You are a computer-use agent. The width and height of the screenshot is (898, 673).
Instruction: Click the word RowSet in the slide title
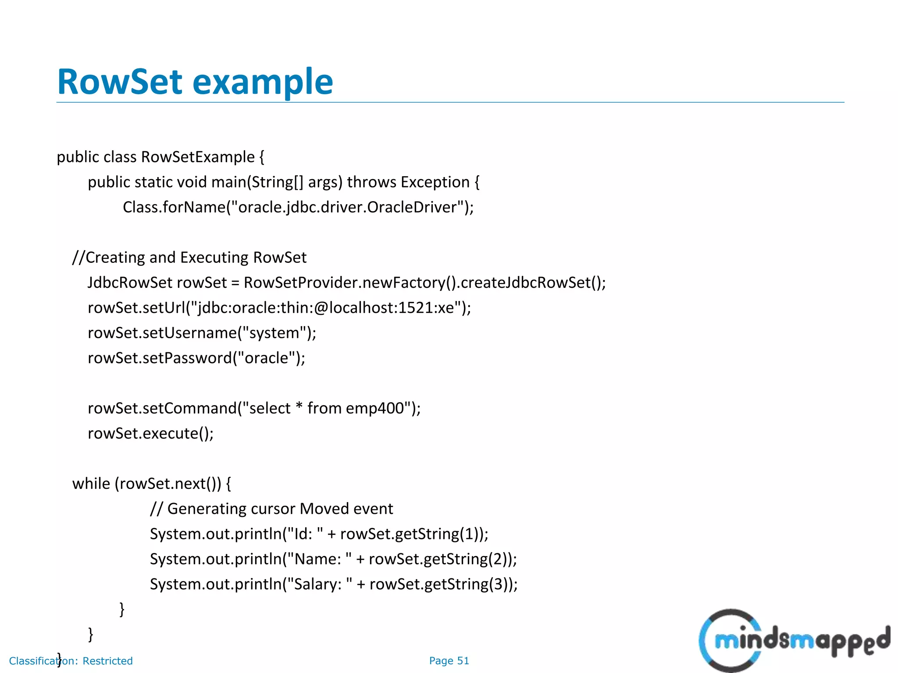point(119,82)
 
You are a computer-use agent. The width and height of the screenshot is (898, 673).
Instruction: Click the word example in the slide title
point(263,82)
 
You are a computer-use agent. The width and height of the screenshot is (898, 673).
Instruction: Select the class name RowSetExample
point(198,157)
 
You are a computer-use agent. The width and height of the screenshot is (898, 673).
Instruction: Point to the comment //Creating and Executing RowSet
point(189,257)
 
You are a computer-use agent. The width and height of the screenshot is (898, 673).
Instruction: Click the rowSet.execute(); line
point(150,433)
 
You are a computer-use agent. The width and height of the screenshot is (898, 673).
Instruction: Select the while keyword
point(91,484)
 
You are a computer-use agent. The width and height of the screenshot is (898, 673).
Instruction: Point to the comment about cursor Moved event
point(271,509)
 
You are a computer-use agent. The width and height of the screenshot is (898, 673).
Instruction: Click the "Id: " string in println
point(303,534)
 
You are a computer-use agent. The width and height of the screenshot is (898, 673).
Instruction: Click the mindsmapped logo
point(794,640)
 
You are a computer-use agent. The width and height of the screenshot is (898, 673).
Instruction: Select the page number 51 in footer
point(463,661)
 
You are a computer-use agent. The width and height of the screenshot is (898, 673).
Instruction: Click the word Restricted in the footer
point(107,661)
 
